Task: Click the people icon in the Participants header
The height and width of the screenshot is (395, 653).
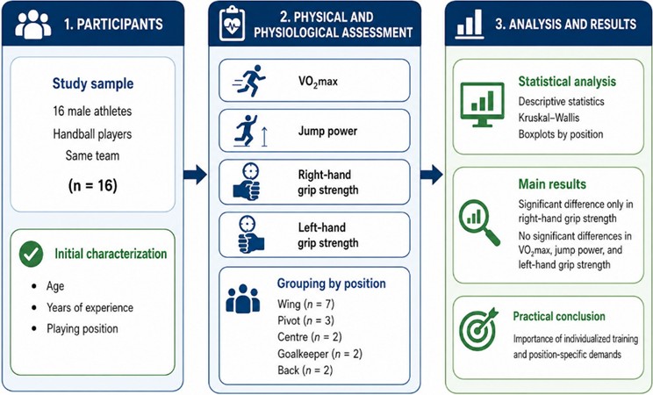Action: click(x=32, y=25)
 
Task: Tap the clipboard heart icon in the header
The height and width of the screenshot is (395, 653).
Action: click(x=232, y=24)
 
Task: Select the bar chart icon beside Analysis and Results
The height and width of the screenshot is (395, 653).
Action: click(x=469, y=25)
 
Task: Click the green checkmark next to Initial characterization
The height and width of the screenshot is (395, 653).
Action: click(x=32, y=254)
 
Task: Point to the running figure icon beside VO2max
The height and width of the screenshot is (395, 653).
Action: click(x=249, y=81)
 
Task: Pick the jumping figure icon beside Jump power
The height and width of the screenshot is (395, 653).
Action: click(x=250, y=131)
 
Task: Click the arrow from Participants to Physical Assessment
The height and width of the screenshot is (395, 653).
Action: click(x=195, y=174)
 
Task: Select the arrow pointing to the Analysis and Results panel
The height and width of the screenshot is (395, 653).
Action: click(x=432, y=174)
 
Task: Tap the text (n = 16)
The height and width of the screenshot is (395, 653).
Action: click(x=92, y=185)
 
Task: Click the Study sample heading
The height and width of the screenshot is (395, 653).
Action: click(x=93, y=83)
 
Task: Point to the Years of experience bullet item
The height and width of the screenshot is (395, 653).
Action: click(x=90, y=307)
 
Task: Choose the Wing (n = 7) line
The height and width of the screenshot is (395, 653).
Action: click(x=305, y=305)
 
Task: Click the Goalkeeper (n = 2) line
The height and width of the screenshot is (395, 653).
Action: click(x=319, y=354)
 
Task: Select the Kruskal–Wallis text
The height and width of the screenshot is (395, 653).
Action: click(x=549, y=118)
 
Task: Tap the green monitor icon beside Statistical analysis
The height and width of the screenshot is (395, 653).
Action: click(x=482, y=104)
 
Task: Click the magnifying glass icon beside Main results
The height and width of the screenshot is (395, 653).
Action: click(x=479, y=222)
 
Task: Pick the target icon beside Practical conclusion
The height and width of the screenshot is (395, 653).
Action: click(x=478, y=329)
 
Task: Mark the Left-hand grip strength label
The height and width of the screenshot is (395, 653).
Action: click(x=327, y=235)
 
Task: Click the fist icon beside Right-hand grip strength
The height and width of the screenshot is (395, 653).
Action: click(x=248, y=182)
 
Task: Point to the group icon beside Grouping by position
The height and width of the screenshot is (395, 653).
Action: click(x=243, y=298)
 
